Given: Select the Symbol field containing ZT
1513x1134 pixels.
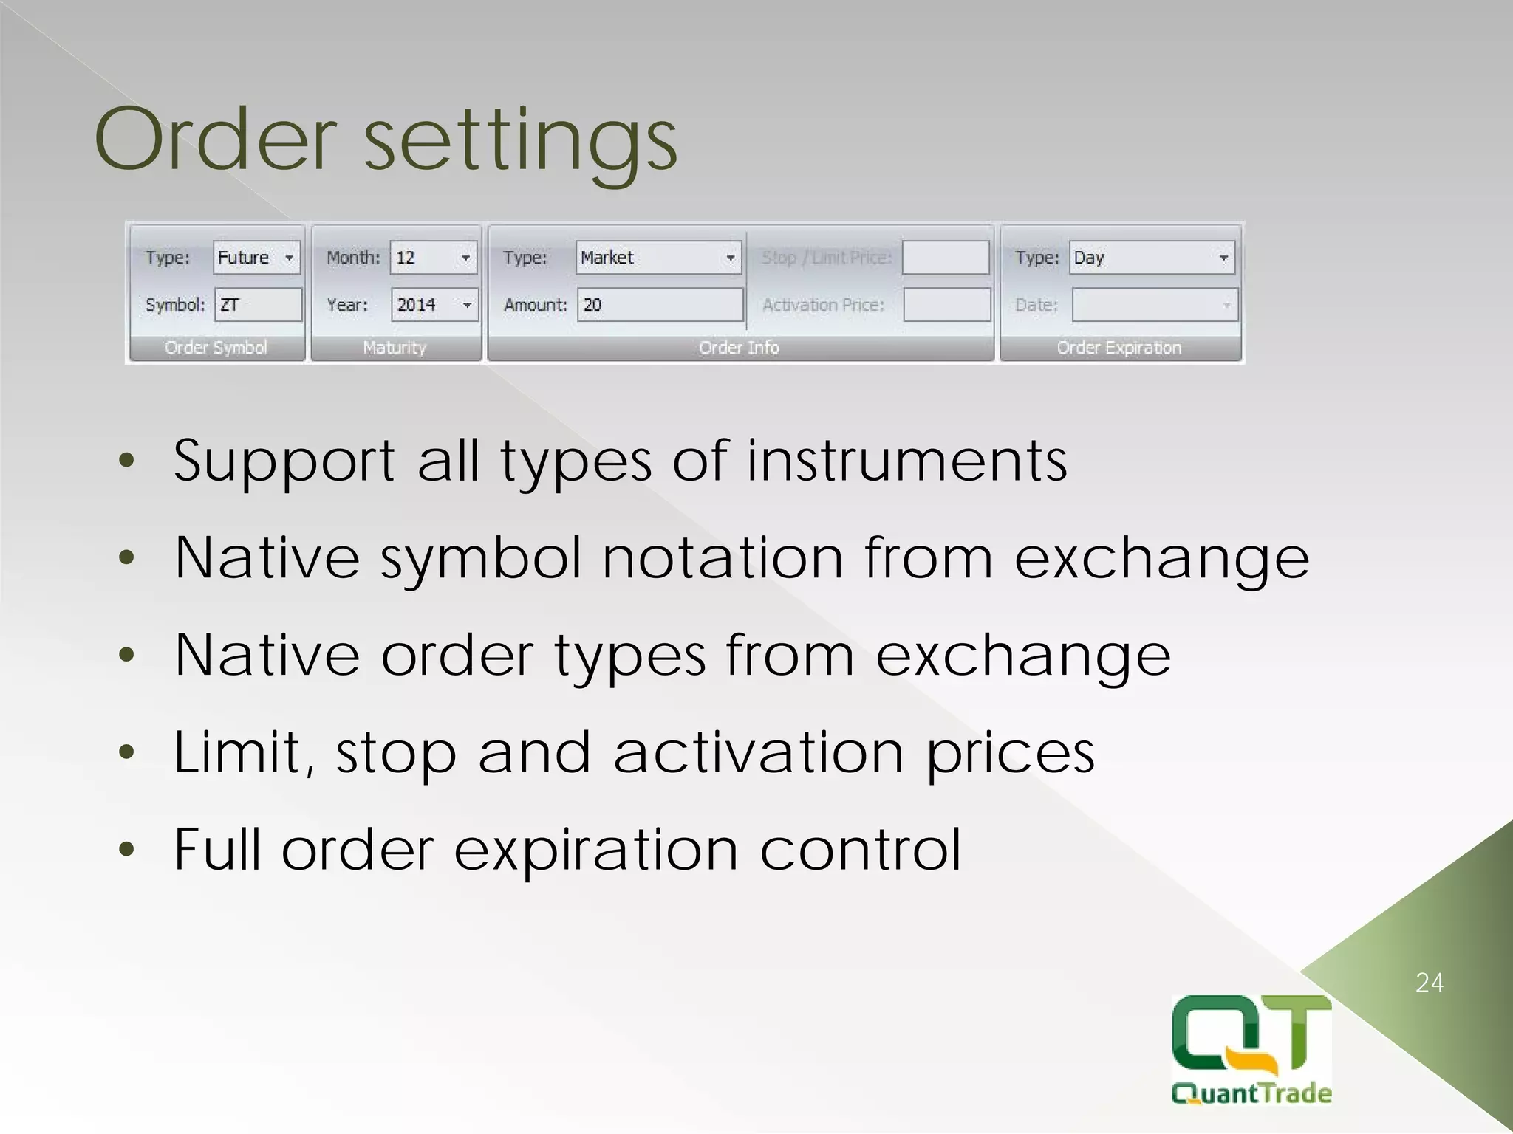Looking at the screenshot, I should point(258,305).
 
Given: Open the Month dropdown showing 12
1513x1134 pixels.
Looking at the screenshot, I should point(434,258).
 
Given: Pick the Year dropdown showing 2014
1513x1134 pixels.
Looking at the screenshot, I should point(434,305).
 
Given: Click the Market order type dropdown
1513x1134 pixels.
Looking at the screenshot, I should point(658,258).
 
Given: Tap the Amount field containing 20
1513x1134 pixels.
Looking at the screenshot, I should point(660,305).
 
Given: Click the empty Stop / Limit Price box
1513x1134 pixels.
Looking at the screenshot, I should point(946,258).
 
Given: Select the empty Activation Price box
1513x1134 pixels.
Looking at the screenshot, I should point(946,305).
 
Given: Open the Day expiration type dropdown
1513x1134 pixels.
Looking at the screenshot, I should point(1152,258).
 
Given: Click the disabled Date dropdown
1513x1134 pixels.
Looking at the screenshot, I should point(1154,305).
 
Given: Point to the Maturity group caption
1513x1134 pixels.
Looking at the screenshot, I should point(395,348).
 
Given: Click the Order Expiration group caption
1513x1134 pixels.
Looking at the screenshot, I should point(1118,348).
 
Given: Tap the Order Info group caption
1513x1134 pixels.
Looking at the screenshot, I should point(739,348).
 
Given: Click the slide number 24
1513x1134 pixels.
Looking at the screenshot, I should point(1429,983).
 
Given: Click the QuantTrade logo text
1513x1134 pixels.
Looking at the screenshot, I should point(1251,1093).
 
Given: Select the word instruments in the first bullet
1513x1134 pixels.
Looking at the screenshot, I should point(906,461).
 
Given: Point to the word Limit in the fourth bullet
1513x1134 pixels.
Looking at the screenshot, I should point(245,752).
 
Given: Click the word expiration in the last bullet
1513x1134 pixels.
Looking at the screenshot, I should point(595,850).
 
